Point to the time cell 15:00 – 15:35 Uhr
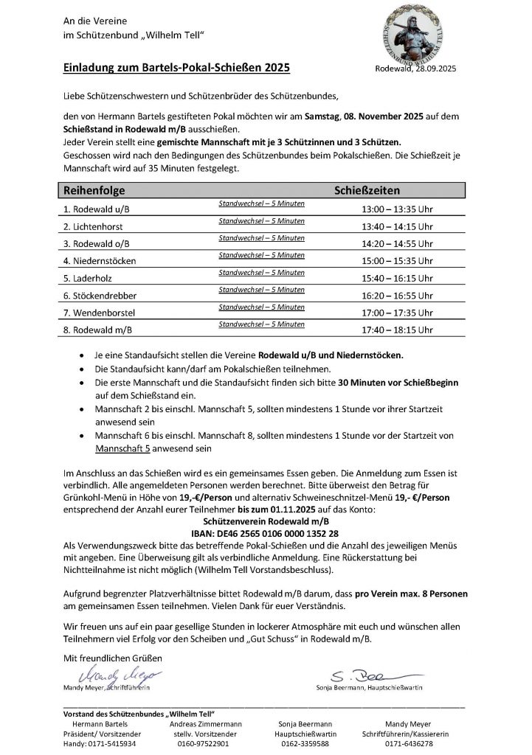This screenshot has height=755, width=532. (397, 260)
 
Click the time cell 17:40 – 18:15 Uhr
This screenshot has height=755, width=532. (397, 330)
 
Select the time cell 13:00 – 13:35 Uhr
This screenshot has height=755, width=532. (397, 209)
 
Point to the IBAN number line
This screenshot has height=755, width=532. (265, 532)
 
